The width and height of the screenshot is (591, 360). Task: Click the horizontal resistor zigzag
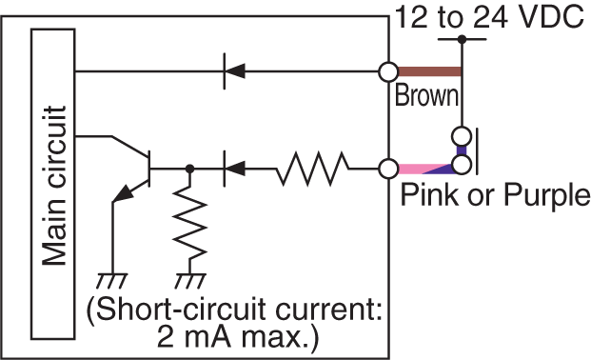(312, 169)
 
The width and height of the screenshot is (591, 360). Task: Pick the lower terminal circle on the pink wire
(388, 169)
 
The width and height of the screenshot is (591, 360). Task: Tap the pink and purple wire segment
(428, 168)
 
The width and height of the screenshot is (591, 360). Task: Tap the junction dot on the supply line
(462, 39)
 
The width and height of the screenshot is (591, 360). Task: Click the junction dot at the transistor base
(190, 169)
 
